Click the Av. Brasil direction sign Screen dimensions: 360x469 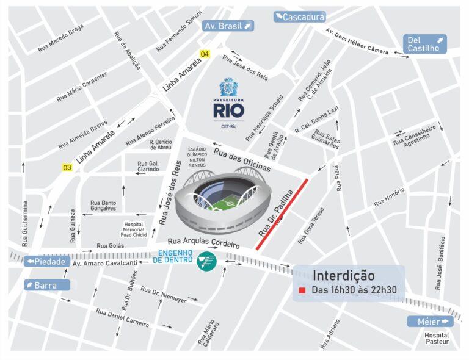click(228, 26)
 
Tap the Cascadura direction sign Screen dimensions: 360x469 click(299, 17)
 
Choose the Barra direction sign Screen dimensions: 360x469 click(47, 285)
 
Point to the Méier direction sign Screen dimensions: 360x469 click(430, 321)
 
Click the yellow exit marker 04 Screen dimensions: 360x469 click(205, 55)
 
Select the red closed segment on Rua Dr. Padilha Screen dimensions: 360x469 click(282, 214)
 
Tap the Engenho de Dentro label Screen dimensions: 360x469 click(175, 257)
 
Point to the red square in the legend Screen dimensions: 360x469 click(302, 290)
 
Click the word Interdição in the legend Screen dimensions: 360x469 click(343, 275)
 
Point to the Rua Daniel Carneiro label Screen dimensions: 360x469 click(122, 317)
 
